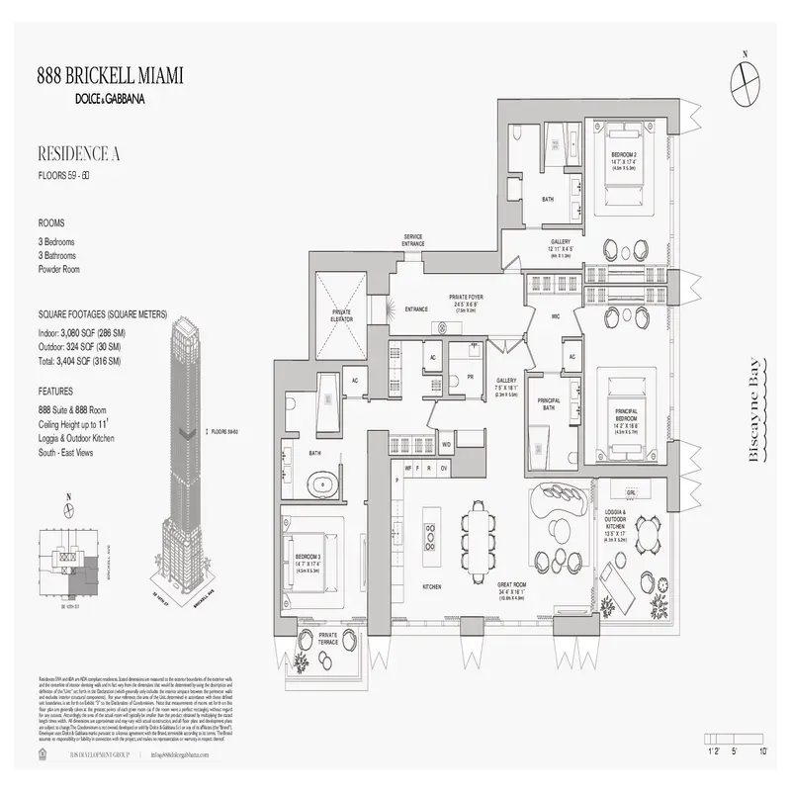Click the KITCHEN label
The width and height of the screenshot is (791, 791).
coord(431,586)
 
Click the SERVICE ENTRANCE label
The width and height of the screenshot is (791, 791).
coord(413,240)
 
